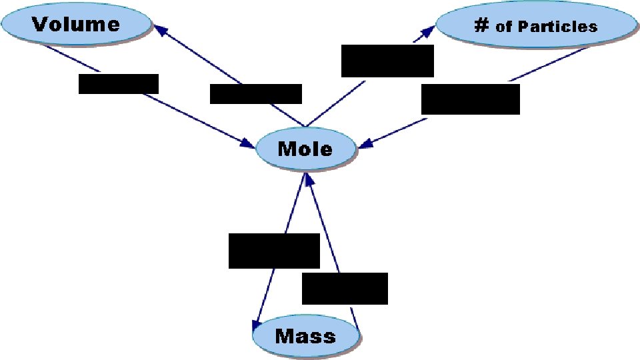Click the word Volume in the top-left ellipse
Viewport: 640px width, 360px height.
[76, 25]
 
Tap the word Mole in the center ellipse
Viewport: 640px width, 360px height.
[305, 148]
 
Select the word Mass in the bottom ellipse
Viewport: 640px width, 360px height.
[305, 335]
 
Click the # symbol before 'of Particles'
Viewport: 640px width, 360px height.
[481, 25]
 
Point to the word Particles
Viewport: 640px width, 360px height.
[557, 27]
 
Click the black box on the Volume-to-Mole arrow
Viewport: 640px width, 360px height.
[119, 84]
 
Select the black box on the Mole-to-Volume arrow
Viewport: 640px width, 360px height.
[255, 94]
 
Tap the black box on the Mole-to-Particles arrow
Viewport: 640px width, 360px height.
[387, 61]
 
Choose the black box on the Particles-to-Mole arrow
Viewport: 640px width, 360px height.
[471, 99]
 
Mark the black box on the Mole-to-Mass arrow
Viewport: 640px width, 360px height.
[274, 251]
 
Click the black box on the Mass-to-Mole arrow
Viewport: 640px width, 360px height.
[345, 289]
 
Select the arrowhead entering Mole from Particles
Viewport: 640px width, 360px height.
[364, 145]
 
